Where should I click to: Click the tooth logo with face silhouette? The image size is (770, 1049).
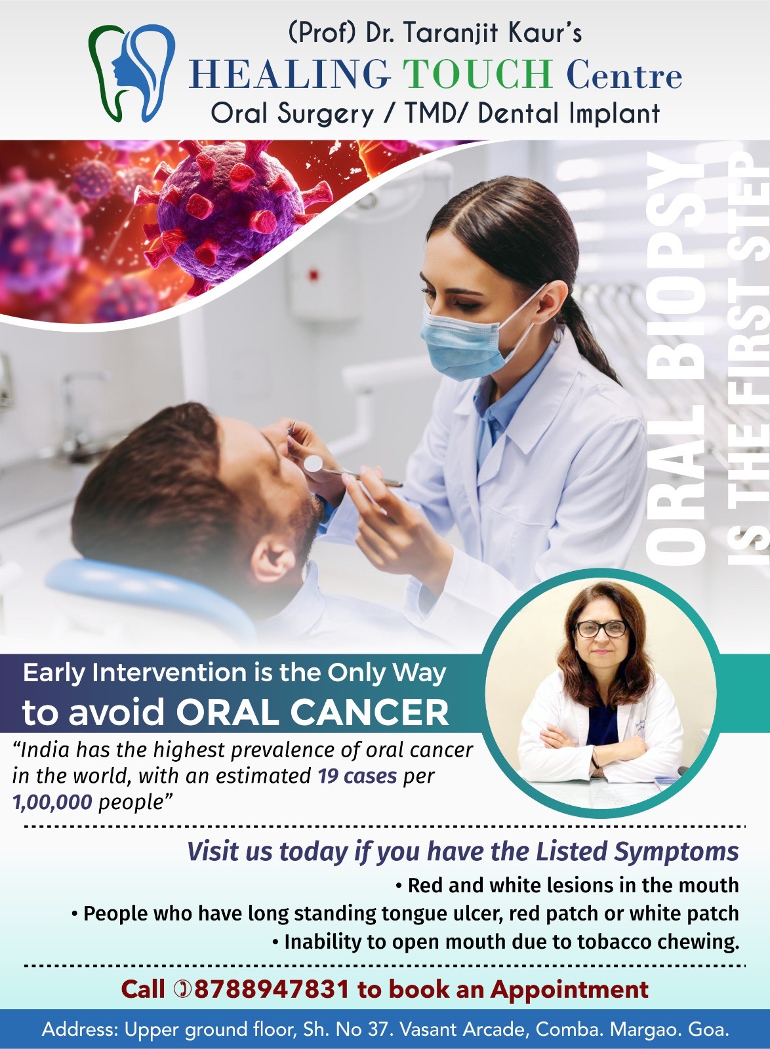coord(132,73)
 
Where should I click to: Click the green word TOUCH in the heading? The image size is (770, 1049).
coord(477,74)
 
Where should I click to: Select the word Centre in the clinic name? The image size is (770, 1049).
coord(624,75)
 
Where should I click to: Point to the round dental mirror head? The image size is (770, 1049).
coord(313,463)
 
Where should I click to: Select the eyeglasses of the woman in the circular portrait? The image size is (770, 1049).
coord(600,629)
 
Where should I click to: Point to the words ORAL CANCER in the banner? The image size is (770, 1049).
coord(312,712)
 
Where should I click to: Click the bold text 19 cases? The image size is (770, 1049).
coord(357,776)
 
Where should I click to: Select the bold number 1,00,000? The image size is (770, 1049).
coord(52,802)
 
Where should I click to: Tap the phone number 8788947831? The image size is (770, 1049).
coord(272,988)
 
